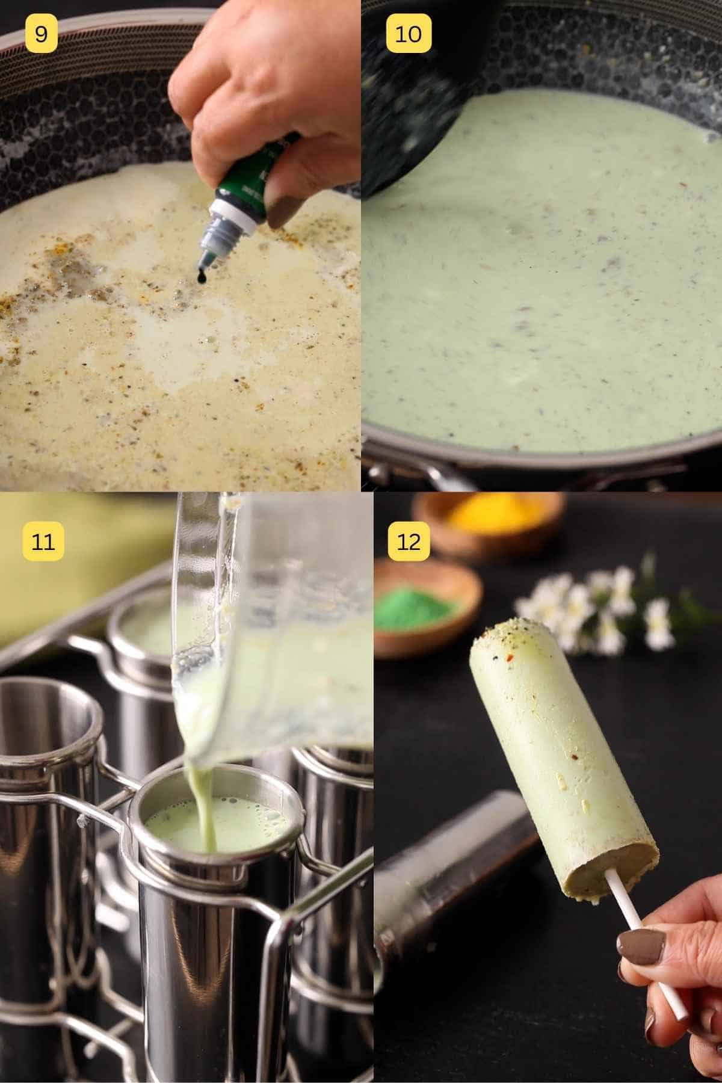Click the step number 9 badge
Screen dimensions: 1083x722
click(x=41, y=34)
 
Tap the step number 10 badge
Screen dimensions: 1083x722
click(x=408, y=34)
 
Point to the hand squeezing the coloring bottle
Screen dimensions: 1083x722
click(x=265, y=78)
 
